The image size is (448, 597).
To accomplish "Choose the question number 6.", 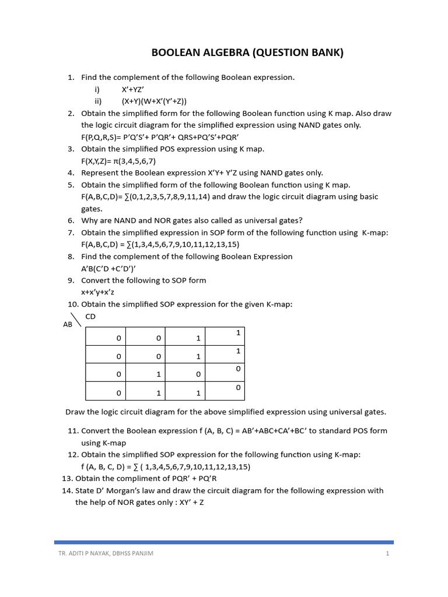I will click(x=71, y=220).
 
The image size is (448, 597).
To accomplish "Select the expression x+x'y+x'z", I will click(x=102, y=292).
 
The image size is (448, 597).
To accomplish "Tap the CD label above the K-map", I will click(x=90, y=317).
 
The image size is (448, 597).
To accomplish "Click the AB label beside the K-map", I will click(x=67, y=324).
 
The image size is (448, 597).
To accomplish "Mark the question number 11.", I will click(x=72, y=431).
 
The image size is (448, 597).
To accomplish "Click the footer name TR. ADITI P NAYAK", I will click(x=83, y=553).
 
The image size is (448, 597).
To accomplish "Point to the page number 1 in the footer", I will click(x=387, y=553).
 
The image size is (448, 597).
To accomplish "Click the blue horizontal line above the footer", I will click(x=224, y=542).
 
